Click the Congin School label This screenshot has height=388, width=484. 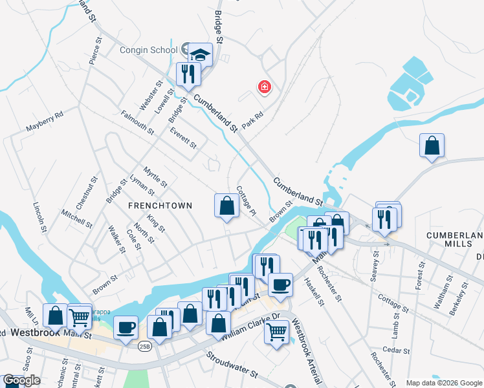coord(148,50)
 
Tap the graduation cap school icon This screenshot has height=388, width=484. coord(201,54)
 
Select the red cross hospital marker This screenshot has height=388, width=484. coord(264,87)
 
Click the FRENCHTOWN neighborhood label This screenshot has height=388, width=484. coord(160,206)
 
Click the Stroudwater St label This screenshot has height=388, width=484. coord(232,365)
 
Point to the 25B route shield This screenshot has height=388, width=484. coord(145,347)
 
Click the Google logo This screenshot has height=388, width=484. coord(21,381)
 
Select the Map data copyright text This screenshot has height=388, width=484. coord(444,383)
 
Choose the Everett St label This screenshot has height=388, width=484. coord(183,137)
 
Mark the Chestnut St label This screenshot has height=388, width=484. coord(85,193)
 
